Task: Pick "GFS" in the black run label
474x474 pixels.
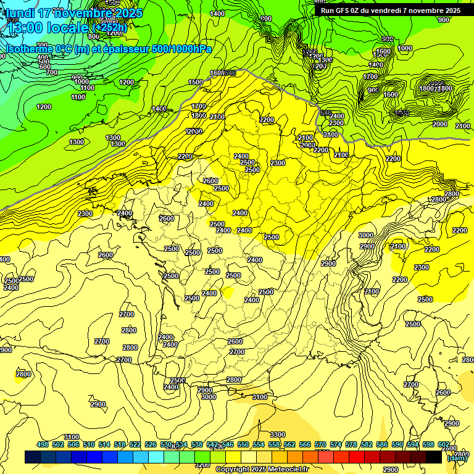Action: coord(349,10)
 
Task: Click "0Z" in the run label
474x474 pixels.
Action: coord(364,10)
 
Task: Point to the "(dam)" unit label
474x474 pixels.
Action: coord(456,458)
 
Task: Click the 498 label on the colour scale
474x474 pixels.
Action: coord(43,444)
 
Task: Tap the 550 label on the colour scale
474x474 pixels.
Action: coord(243,444)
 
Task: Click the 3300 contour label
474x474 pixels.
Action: coord(277,434)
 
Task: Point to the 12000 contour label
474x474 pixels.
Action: coord(194,131)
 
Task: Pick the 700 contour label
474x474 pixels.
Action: coord(51,72)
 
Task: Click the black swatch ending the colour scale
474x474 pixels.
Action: coord(433,457)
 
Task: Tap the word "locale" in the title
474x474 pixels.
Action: coord(69,28)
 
